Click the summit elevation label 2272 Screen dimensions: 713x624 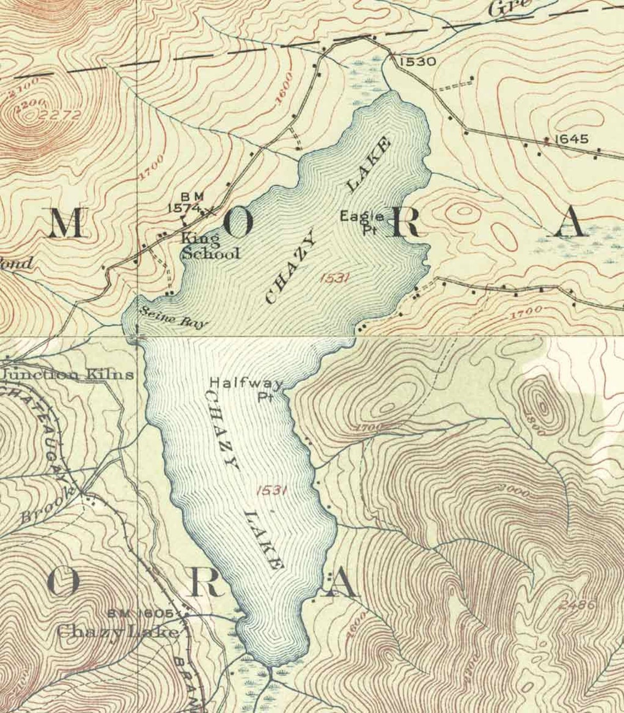coord(60,115)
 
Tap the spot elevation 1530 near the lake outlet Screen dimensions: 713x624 coord(417,61)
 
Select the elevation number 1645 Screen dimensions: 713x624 coord(571,139)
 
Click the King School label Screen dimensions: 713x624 coord(210,246)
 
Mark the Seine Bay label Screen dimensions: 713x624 coord(173,318)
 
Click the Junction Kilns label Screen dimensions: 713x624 coord(68,375)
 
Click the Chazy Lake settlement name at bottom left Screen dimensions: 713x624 coord(118,632)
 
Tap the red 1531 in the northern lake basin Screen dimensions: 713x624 coord(333,278)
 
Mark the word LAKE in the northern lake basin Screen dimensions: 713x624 coord(369,164)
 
